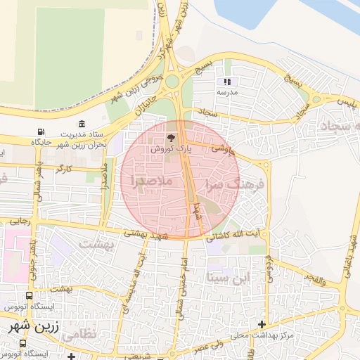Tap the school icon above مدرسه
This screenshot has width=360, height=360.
click(227, 82)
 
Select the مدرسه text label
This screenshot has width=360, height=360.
click(227, 92)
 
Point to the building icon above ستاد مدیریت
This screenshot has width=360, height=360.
click(84, 124)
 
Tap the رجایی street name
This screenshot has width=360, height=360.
click(20, 221)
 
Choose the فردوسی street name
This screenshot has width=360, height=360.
click(269, 269)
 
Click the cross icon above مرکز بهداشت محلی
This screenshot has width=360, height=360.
click(262, 324)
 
